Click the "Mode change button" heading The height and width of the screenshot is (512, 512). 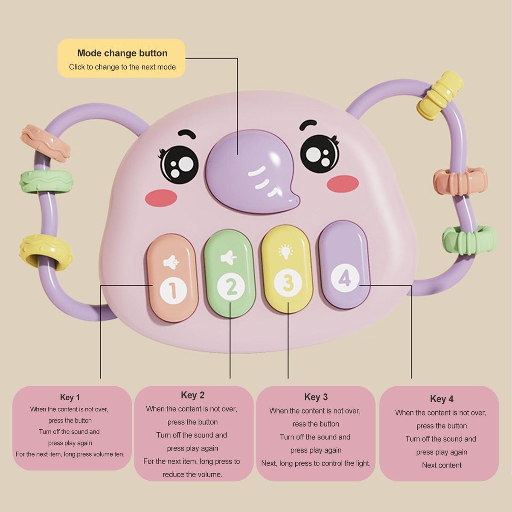coord(122,53)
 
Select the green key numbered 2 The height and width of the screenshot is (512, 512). coord(230,273)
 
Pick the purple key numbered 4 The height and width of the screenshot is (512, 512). coord(344,265)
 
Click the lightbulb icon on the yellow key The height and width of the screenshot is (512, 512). coord(284,252)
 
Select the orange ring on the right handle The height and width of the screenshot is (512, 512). coord(460,180)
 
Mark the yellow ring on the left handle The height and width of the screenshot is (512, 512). coord(45,252)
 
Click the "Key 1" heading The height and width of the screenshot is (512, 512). coord(70,398)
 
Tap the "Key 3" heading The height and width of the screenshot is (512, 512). coord(316,397)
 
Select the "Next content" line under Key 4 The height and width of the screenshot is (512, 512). coord(442,465)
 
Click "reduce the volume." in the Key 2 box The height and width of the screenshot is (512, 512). coord(192,474)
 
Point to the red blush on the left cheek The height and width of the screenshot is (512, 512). coord(161,197)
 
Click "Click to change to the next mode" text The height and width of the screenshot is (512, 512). coord(122,67)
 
